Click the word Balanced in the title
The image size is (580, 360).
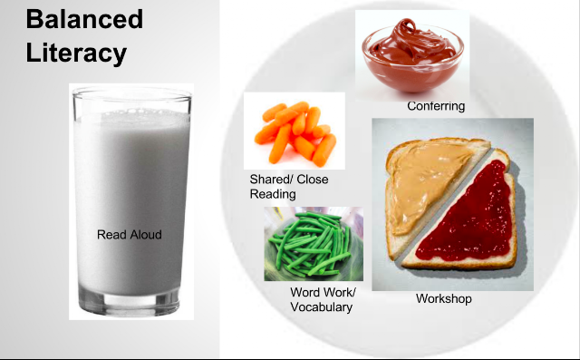click(84, 19)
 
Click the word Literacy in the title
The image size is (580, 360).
click(76, 54)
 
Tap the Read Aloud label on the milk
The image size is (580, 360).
click(130, 235)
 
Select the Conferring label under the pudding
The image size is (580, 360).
click(436, 106)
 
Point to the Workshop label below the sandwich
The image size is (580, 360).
click(444, 298)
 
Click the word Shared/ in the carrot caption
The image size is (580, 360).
click(272, 180)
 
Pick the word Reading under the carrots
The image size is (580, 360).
click(273, 194)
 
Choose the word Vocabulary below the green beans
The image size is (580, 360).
click(322, 307)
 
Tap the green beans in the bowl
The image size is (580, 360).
click(311, 244)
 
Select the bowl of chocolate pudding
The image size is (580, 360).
click(413, 54)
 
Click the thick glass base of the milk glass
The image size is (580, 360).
click(129, 301)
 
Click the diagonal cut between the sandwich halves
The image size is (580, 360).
click(443, 206)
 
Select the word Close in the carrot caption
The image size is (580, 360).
click(313, 180)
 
